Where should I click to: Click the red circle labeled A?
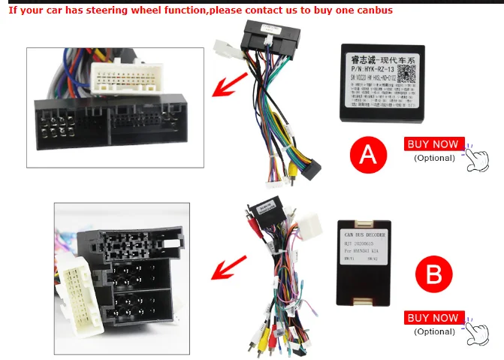[367, 155]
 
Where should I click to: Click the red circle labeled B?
[433, 275]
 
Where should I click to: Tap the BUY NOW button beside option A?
[432, 144]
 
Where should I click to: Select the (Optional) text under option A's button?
[434, 158]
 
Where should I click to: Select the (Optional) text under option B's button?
[434, 331]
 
